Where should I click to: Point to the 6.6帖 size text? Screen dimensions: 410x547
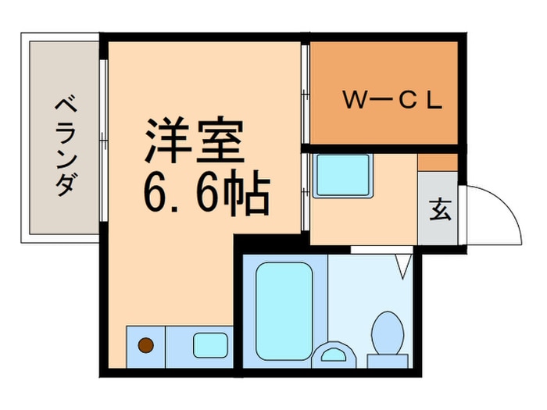[x=206, y=195]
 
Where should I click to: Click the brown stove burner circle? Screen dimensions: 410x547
[x=145, y=344]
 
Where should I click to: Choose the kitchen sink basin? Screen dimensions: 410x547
[x=207, y=344]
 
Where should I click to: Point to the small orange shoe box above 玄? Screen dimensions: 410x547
[x=438, y=162]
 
